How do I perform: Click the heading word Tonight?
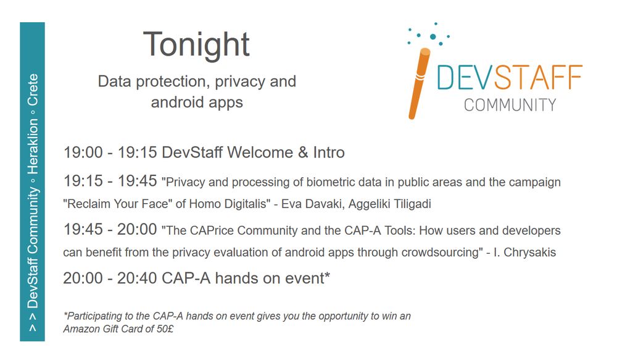(x=196, y=44)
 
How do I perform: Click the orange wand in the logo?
(x=419, y=83)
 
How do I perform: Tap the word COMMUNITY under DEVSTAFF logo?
(x=510, y=105)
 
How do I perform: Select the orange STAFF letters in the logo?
(x=538, y=77)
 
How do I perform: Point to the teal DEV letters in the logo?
(x=465, y=77)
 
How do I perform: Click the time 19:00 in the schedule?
(x=83, y=153)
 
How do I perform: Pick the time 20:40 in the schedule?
(x=137, y=278)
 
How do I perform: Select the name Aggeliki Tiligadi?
(x=389, y=204)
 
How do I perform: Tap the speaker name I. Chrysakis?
(x=524, y=252)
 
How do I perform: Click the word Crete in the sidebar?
(x=33, y=90)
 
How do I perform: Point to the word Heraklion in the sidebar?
(x=33, y=146)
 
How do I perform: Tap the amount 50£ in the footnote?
(x=165, y=329)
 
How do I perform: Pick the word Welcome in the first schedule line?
(x=260, y=153)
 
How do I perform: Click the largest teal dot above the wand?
(x=433, y=36)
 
